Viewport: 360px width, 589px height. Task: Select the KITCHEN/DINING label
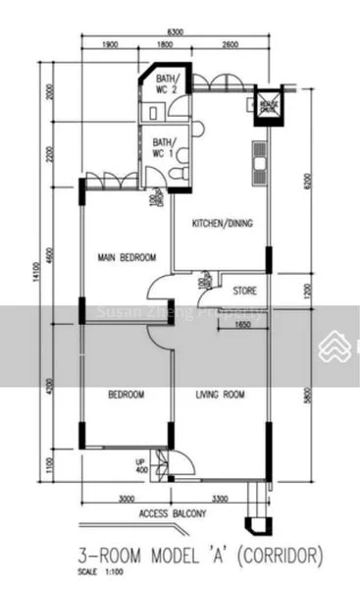coord(222,223)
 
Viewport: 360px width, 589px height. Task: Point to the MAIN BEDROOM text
coord(126,257)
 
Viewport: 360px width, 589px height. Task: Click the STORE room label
coord(244,292)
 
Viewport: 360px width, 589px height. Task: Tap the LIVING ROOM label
coord(220,395)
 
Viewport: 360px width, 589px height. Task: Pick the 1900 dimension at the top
coord(110,44)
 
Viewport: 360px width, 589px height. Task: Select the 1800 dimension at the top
coord(165,44)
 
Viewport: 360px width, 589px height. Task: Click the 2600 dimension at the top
coord(230,44)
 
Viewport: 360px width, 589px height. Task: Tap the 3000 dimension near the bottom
coord(126,500)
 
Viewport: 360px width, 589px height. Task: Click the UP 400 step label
coord(139,465)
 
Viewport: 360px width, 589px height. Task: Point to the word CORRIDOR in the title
coord(280,557)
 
